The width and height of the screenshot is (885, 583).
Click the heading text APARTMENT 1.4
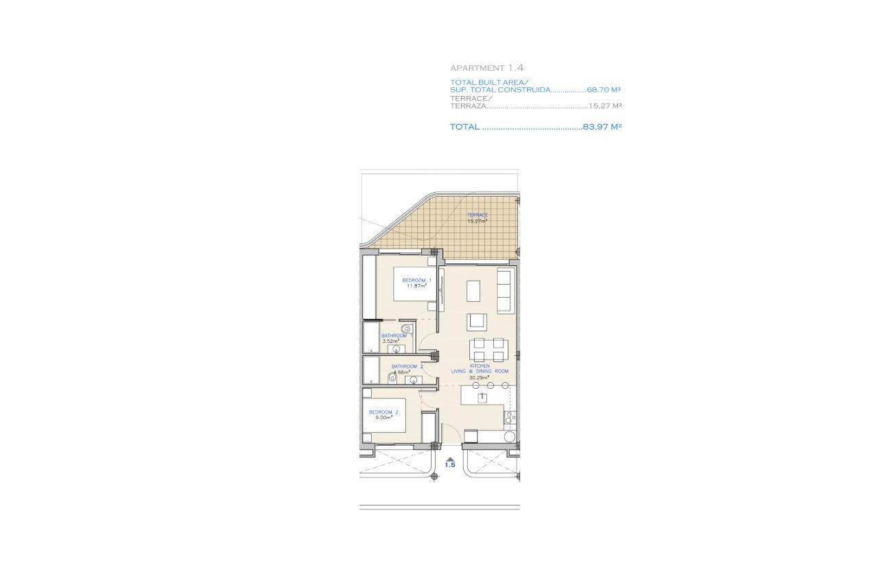click(487, 68)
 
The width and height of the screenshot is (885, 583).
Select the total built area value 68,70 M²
click(604, 90)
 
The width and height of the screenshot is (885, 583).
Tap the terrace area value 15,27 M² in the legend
click(605, 106)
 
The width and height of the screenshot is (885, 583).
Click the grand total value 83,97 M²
click(602, 127)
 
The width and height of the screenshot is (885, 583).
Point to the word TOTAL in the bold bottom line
click(464, 127)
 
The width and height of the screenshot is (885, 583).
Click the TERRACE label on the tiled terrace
click(477, 215)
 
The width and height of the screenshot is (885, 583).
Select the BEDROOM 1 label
click(416, 281)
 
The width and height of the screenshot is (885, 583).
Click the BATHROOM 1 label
click(394, 335)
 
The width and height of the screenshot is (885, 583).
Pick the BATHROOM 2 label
click(407, 366)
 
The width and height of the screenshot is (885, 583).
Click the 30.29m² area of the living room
click(479, 378)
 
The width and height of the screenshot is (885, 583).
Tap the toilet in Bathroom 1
click(406, 329)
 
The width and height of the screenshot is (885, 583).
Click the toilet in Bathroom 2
click(392, 377)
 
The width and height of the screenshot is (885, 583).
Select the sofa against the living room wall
click(504, 291)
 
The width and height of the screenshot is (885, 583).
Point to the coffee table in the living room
click(474, 291)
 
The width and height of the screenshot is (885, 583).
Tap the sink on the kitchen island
click(482, 397)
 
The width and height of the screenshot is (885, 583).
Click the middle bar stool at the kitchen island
click(484, 385)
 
